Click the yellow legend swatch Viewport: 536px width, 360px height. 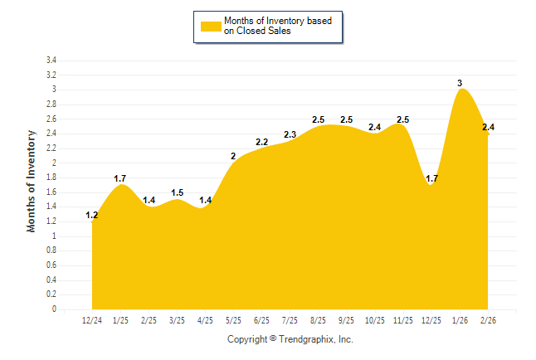210,26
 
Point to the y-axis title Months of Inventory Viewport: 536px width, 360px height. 32,180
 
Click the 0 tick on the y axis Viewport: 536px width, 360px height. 54,309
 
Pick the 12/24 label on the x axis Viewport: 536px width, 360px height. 92,319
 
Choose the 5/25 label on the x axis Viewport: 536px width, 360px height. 234,319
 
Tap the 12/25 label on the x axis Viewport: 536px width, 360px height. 431,319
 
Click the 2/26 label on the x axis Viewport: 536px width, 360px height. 488,319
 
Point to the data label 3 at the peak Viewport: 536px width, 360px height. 460,82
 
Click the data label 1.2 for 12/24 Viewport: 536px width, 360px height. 92,216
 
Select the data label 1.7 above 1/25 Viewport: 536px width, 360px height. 120,178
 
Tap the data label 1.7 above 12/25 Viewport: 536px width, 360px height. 431,178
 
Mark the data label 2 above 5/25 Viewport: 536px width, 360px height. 234,157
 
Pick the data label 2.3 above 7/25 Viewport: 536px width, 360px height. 290,134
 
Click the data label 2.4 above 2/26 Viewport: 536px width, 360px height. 488,127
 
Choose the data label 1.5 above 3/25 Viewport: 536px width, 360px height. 177,193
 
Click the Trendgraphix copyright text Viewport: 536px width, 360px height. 290,339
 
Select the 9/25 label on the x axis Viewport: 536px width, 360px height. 347,319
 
